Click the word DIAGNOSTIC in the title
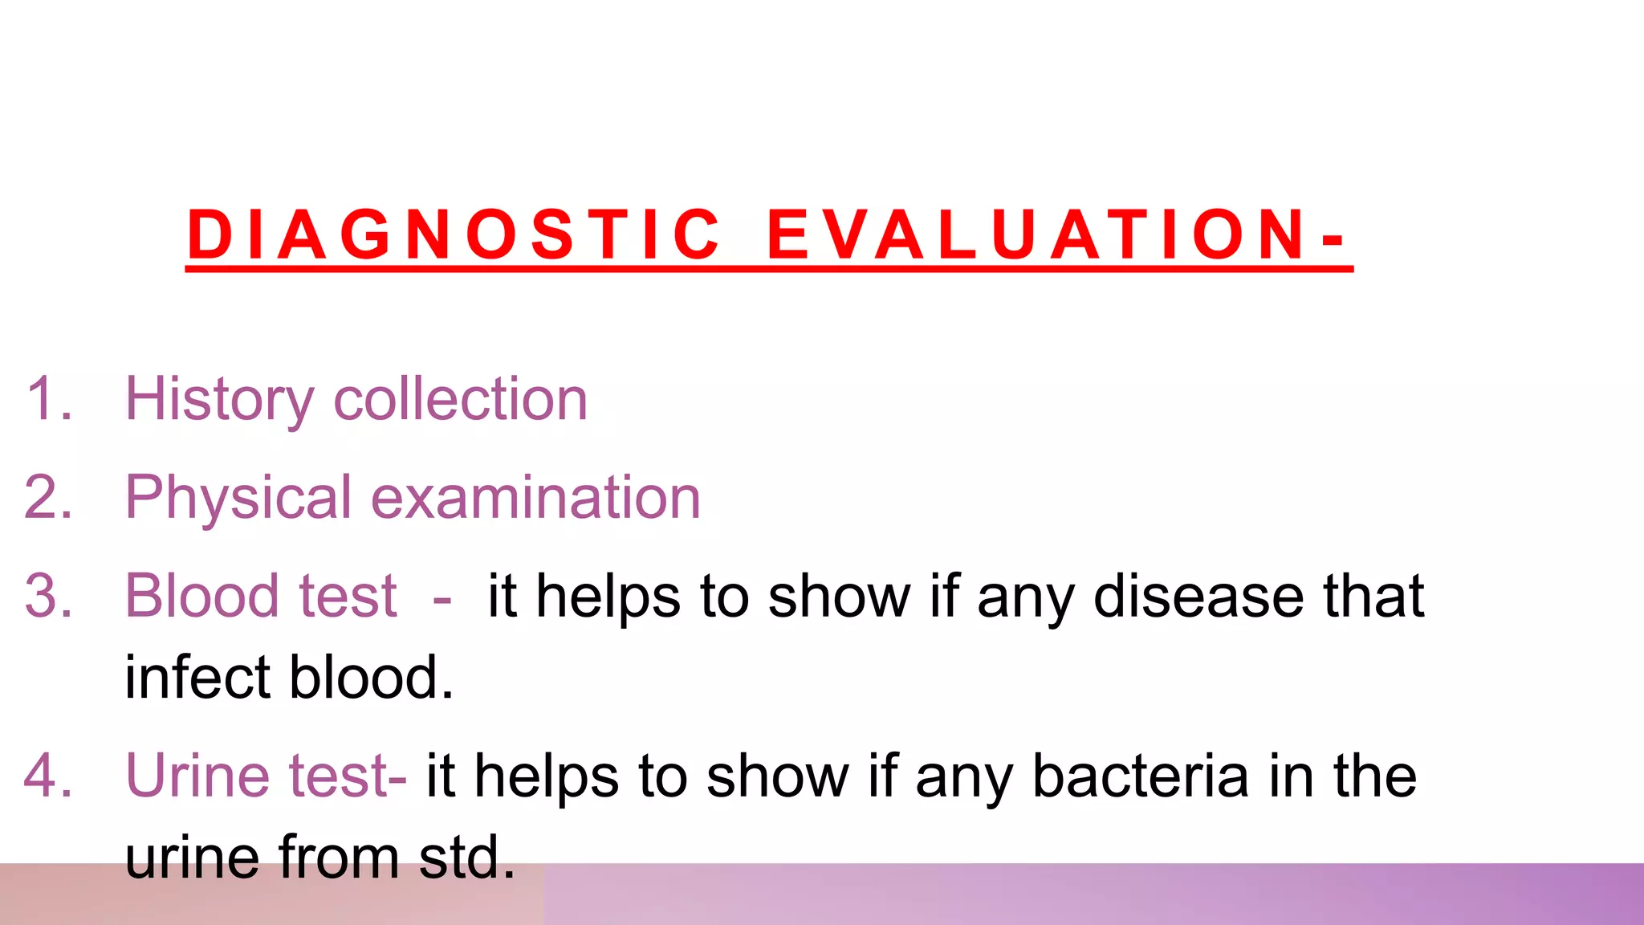tap(454, 234)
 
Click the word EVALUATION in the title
tap(1036, 234)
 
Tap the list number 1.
tap(48, 399)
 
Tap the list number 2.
tap(48, 498)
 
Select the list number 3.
tap(48, 597)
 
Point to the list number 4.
tap(48, 776)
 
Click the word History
tap(218, 399)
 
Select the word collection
tap(460, 399)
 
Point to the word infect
tap(197, 678)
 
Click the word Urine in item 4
tap(197, 776)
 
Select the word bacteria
tap(1140, 776)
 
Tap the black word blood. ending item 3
tap(371, 678)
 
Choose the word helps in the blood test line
tap(608, 597)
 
